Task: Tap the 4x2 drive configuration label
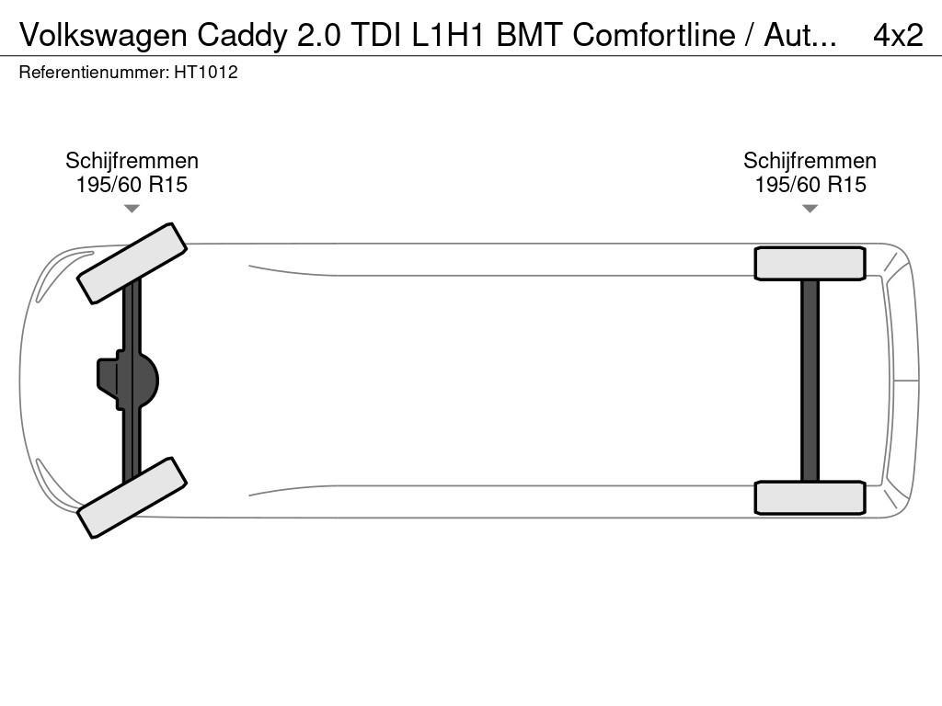[897, 35]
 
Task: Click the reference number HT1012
[206, 73]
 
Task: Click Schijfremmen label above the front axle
[132, 161]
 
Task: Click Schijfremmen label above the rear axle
[810, 161]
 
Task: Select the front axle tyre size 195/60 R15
[132, 185]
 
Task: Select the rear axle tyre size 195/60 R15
[810, 185]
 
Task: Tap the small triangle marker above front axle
[132, 209]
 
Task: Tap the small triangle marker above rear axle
[810, 209]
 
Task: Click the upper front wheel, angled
[132, 263]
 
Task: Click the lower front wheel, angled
[132, 497]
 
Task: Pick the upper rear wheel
[810, 263]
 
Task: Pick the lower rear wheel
[810, 497]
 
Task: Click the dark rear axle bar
[810, 380]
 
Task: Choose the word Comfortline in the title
[654, 35]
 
